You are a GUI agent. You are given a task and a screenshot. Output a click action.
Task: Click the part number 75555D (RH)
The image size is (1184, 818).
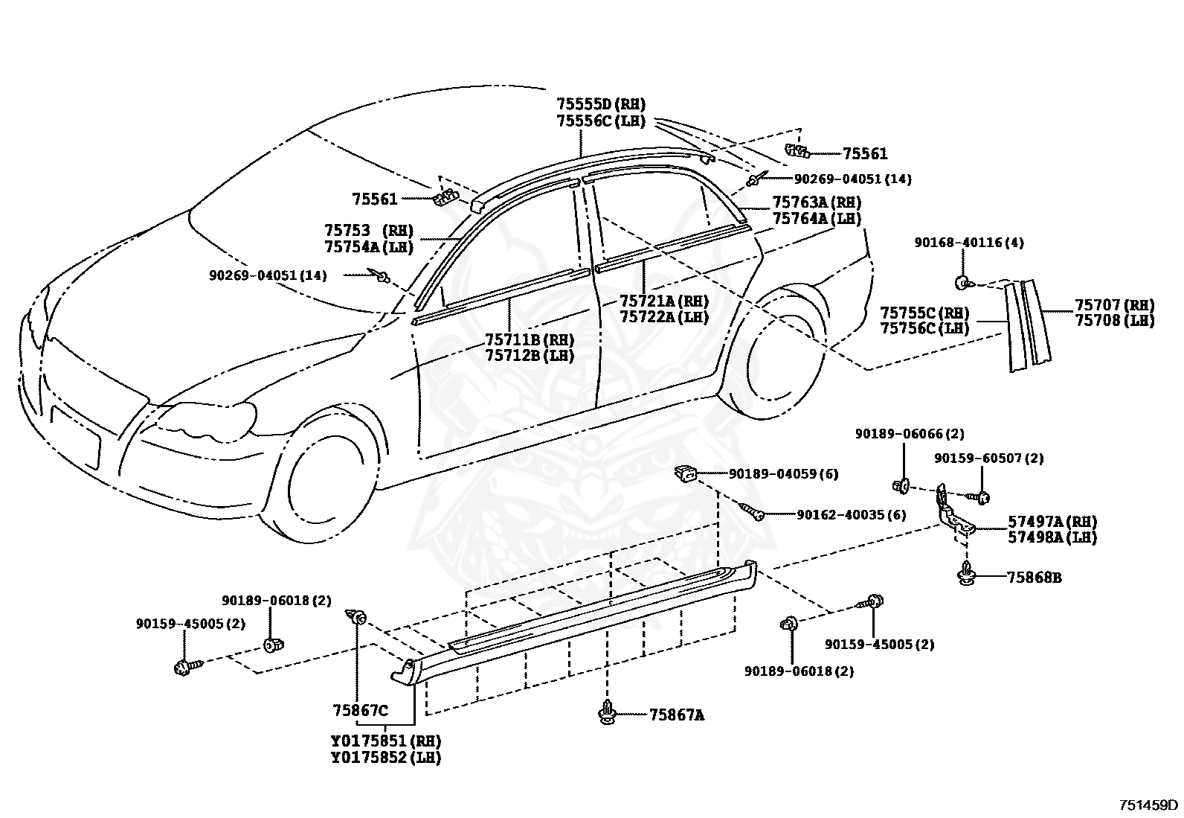[601, 103]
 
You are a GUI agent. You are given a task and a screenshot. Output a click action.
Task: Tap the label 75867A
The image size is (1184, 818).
[677, 715]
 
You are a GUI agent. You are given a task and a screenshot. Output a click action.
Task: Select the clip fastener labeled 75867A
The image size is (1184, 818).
[608, 712]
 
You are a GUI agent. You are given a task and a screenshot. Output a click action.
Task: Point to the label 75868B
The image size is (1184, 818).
[1034, 578]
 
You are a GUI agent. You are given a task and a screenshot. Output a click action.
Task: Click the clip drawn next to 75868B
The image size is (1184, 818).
[967, 574]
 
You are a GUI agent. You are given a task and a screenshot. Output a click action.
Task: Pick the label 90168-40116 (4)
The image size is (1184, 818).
[969, 243]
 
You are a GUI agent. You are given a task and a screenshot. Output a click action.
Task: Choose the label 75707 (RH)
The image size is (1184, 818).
[1114, 304]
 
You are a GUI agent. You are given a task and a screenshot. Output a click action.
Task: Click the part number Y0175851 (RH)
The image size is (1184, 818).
[386, 741]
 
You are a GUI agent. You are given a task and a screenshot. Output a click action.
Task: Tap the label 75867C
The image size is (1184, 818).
[360, 710]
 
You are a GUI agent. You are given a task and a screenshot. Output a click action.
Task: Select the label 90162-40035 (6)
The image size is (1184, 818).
[851, 514]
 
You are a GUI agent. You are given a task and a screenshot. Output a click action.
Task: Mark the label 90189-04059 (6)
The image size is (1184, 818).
[783, 473]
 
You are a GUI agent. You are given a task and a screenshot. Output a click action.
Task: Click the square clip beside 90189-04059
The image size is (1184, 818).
[686, 473]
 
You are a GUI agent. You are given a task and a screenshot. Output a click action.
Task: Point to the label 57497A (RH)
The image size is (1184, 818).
[1052, 522]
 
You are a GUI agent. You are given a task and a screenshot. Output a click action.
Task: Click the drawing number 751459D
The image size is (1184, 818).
[1148, 805]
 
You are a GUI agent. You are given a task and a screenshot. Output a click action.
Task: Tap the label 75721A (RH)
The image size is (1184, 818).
[664, 301]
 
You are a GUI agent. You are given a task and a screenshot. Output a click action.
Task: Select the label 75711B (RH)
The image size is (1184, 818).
[530, 339]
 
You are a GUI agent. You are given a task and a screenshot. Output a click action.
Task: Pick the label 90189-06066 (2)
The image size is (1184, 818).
[910, 434]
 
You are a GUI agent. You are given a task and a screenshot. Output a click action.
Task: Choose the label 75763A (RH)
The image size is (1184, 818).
[817, 202]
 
